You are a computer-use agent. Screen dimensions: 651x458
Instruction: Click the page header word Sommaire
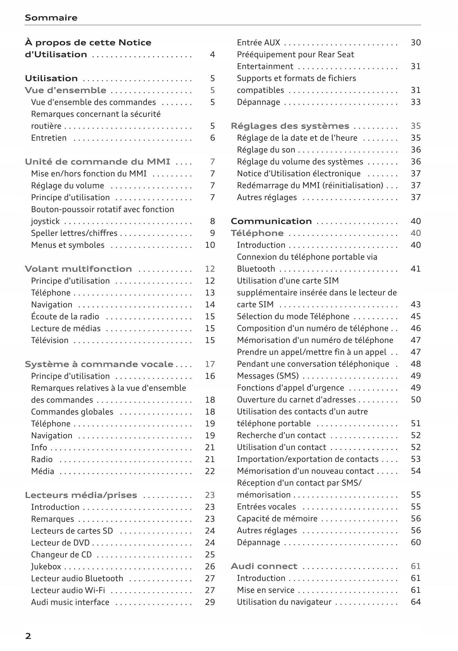(x=51, y=18)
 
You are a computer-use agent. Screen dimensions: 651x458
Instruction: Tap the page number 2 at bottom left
(x=28, y=636)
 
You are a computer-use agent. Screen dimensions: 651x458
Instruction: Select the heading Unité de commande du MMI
(x=97, y=162)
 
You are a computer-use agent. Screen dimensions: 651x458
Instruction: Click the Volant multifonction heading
(x=78, y=269)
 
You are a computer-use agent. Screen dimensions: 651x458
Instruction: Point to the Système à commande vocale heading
(x=99, y=364)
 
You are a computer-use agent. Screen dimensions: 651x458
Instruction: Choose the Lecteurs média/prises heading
(x=81, y=495)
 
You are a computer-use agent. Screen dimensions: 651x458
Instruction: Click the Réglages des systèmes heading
(x=290, y=126)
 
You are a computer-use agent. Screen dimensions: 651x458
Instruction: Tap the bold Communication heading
(x=271, y=221)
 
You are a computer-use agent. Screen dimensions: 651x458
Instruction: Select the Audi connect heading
(x=264, y=566)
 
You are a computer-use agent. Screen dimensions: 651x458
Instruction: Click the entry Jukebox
(x=46, y=567)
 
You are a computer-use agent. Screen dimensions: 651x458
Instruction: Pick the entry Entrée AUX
(x=258, y=43)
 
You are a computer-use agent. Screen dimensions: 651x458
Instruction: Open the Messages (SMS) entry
(x=268, y=376)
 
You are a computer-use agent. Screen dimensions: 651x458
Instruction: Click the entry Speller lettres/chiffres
(x=74, y=233)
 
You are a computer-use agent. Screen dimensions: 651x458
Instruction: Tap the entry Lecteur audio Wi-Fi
(x=68, y=590)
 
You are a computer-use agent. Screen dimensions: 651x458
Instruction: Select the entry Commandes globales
(x=72, y=412)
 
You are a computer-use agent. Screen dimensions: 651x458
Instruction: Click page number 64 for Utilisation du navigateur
(x=415, y=602)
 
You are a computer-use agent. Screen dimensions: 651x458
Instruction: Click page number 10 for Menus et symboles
(x=210, y=245)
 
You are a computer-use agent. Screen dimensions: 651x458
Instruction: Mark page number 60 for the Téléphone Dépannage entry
(x=415, y=542)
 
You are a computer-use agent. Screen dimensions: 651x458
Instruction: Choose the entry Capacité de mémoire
(x=277, y=519)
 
